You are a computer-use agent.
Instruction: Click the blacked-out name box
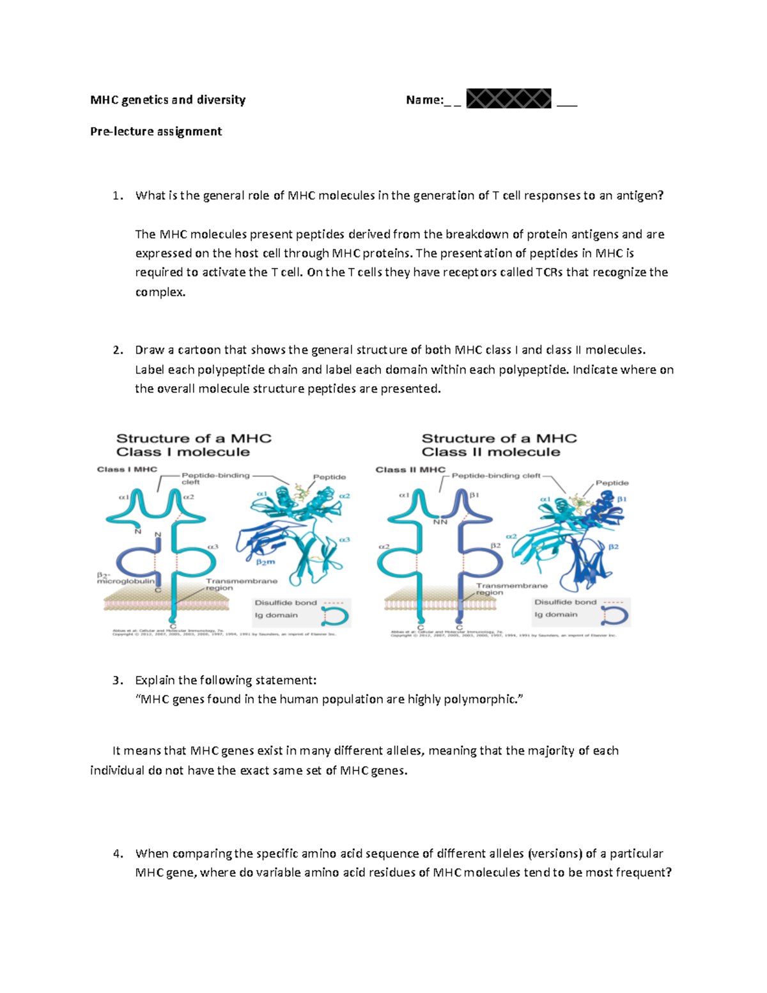pos(509,99)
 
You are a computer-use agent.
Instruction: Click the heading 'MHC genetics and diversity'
pos(167,100)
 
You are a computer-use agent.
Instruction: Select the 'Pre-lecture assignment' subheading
pos(156,131)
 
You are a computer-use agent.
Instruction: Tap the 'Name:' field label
pos(424,100)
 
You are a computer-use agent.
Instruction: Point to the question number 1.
pos(116,196)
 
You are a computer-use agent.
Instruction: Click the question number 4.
pos(116,854)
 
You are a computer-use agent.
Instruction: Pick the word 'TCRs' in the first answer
pos(549,272)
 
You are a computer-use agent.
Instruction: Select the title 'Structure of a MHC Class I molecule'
pos(194,445)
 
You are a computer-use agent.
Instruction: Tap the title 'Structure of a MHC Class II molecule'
pos(499,445)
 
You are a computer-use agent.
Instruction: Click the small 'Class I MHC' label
pos(127,469)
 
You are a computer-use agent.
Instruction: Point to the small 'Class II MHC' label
pos(410,469)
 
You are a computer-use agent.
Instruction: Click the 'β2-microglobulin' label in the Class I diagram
pos(125,578)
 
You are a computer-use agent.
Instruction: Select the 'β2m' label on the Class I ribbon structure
pos(265,562)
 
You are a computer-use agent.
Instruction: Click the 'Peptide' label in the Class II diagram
pos(612,483)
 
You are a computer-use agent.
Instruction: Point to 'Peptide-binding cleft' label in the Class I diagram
pos(215,478)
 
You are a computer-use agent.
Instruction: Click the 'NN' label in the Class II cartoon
pos(440,522)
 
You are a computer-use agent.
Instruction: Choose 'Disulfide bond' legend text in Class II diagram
pos(565,602)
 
